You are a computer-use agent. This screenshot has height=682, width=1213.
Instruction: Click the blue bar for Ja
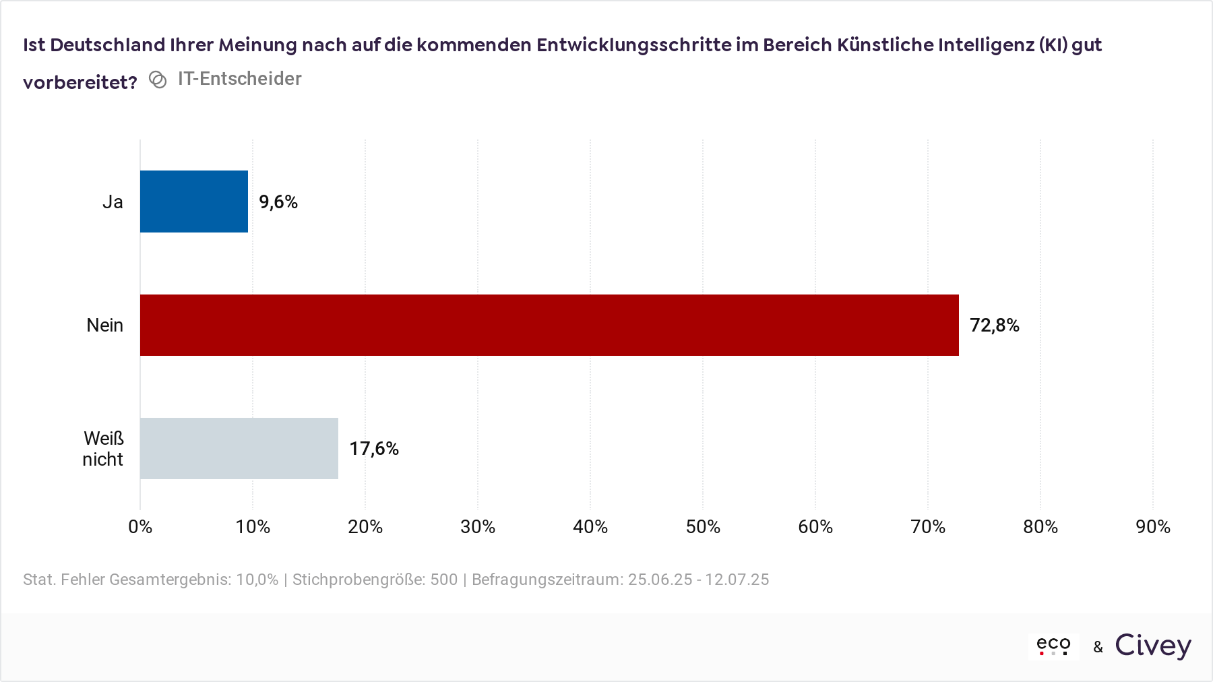pos(194,201)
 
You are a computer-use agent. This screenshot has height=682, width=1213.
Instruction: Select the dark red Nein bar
pos(549,325)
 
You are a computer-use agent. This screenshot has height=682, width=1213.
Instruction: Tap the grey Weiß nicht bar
pos(239,448)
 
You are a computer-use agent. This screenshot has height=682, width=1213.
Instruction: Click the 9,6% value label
pos(278,202)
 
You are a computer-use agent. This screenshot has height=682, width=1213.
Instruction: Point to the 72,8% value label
pos(994,325)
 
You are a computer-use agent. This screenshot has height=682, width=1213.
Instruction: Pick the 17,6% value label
pos(374,449)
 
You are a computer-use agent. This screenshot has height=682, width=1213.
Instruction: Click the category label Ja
pos(113,202)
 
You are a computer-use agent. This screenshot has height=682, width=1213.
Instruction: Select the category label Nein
pos(104,325)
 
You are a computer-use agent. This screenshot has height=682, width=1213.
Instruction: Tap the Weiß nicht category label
pos(103,449)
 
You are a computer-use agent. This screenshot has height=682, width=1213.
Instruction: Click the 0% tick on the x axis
pos(140,527)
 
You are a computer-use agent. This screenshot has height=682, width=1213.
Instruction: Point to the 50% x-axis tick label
pos(703,527)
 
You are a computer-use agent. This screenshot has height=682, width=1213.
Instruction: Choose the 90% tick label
pos(1153,527)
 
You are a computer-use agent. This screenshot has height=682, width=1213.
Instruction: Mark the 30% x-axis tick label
pos(478,527)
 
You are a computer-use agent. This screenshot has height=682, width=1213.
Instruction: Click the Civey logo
pos(1153,646)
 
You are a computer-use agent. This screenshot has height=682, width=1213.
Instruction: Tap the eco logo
pos(1053,646)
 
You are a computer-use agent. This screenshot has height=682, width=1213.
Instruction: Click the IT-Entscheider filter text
pos(239,79)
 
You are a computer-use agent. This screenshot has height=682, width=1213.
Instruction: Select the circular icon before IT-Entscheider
pos(158,80)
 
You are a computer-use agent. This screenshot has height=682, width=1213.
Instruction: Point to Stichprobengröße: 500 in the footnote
pos(375,580)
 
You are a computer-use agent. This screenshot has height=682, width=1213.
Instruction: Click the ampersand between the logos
pos(1098,648)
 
